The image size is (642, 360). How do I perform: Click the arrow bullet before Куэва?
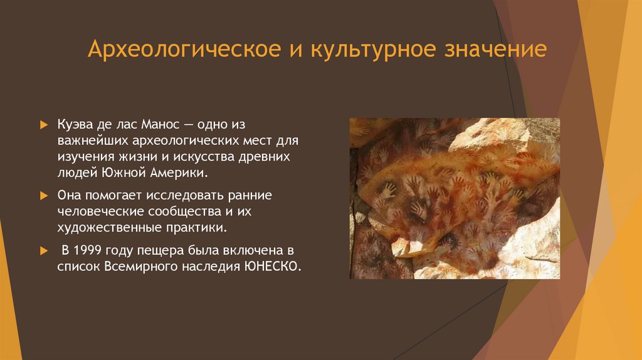43,125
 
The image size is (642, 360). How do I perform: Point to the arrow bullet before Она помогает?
43,196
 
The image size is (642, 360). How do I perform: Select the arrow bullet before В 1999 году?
43,250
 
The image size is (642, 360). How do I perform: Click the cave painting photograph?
455,198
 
